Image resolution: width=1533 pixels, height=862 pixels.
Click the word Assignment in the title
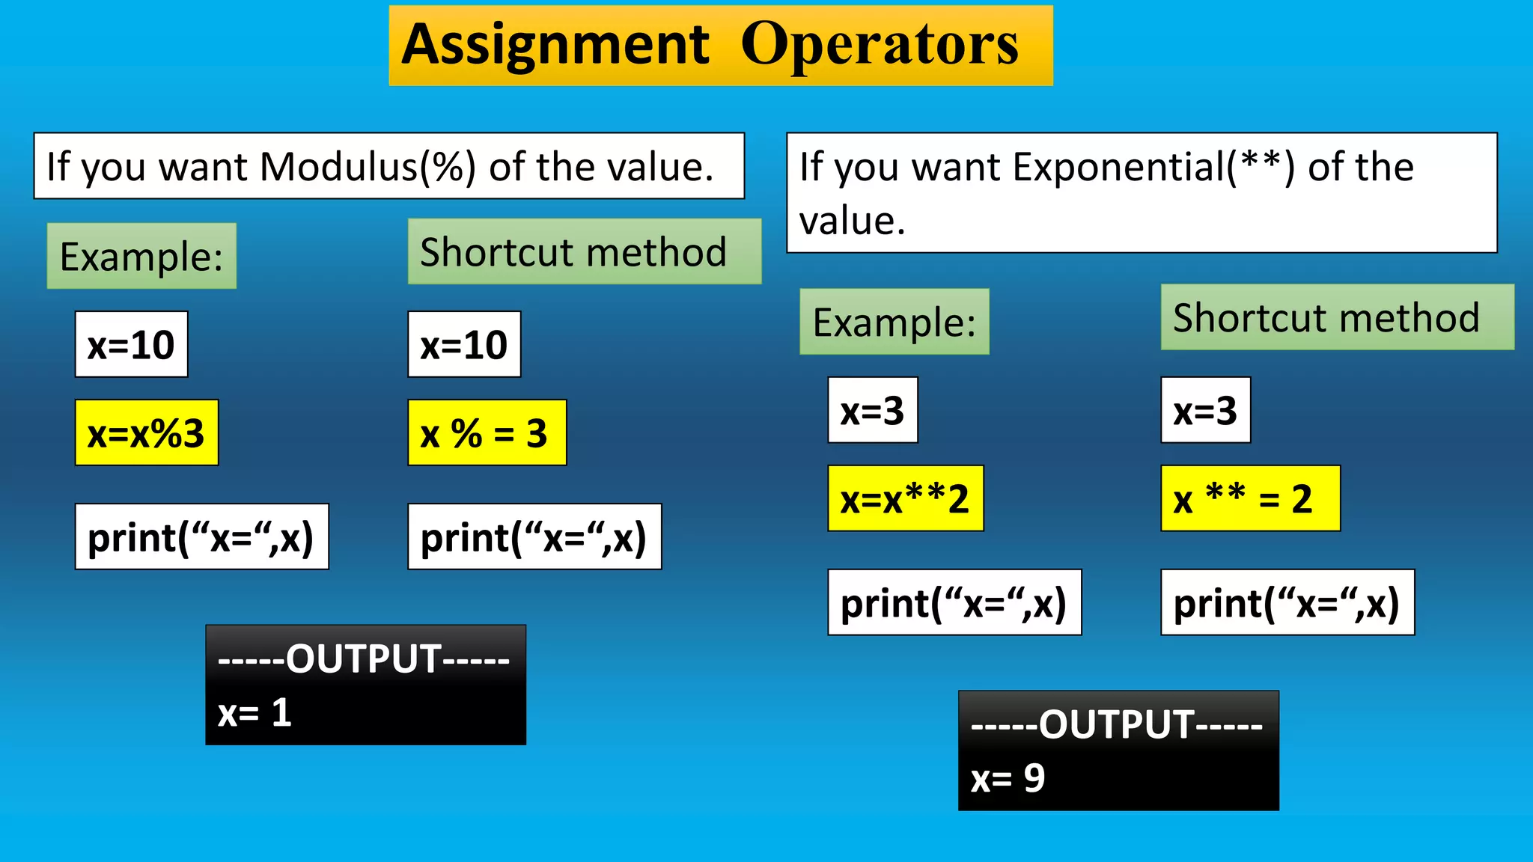(x=555, y=45)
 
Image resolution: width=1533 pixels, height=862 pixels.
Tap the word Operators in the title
(x=880, y=45)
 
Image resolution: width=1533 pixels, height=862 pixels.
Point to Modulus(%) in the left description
(x=368, y=166)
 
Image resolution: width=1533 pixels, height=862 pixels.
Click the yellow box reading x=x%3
(x=147, y=433)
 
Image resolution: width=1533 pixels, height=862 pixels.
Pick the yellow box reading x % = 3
(x=487, y=433)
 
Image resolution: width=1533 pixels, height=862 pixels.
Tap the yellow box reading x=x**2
(x=905, y=499)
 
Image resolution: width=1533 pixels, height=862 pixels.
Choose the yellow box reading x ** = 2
(x=1249, y=499)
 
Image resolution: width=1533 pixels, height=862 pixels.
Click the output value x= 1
(x=255, y=713)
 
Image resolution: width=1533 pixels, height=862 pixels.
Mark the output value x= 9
(x=1008, y=779)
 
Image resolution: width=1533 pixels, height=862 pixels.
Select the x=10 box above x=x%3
(x=131, y=345)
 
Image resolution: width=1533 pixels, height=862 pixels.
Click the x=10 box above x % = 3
(x=464, y=345)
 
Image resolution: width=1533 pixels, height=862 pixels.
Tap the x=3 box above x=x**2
(x=873, y=411)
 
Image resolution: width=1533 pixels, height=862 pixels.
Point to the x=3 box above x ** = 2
(x=1205, y=411)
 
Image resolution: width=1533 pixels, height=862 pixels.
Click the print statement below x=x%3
(x=201, y=537)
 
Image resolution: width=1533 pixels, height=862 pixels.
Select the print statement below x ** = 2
(x=1287, y=603)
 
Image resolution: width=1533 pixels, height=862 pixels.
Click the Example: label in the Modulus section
(x=141, y=257)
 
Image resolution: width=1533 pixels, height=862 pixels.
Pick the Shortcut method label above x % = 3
(x=574, y=252)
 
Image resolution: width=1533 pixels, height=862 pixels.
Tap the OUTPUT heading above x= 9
(x=1117, y=724)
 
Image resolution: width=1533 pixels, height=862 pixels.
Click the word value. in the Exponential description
(x=852, y=221)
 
